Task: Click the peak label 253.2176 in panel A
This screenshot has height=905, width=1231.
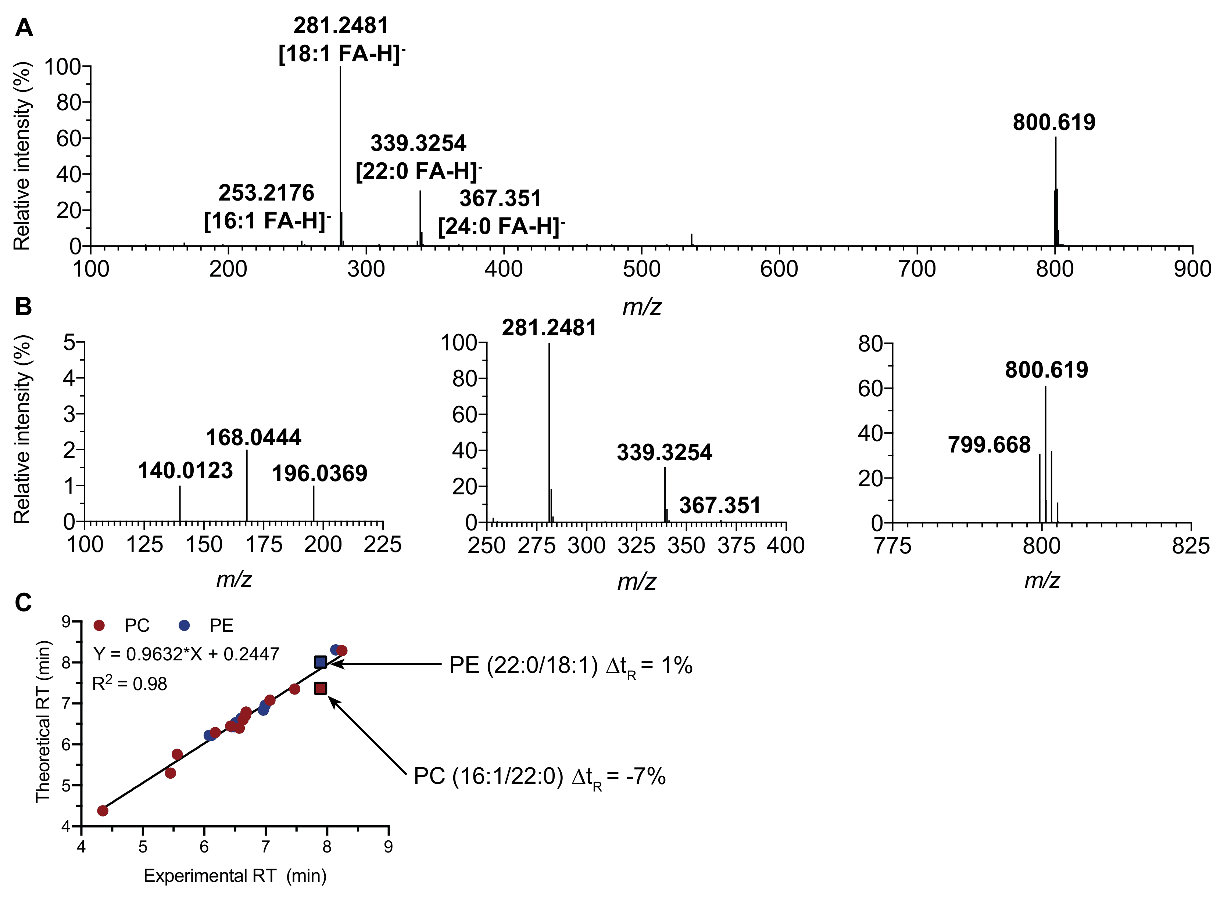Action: pyautogui.click(x=266, y=193)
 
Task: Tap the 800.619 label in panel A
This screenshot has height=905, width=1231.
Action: pyautogui.click(x=1053, y=122)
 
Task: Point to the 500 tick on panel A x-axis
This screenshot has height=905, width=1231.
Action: pyautogui.click(x=641, y=269)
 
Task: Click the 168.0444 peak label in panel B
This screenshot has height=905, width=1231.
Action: pyautogui.click(x=253, y=437)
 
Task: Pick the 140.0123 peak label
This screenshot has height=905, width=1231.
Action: pyautogui.click(x=185, y=470)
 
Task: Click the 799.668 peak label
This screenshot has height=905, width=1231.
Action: pyautogui.click(x=989, y=444)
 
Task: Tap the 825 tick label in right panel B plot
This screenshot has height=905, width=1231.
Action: pyautogui.click(x=1191, y=546)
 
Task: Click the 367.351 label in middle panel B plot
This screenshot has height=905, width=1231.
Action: pyautogui.click(x=720, y=505)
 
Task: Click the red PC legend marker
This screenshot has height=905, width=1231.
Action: pyautogui.click(x=99, y=625)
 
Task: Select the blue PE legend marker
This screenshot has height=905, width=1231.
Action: pyautogui.click(x=185, y=625)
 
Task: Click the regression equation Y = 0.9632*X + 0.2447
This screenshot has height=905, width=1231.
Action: pyautogui.click(x=186, y=653)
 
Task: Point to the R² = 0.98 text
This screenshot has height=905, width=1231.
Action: pyautogui.click(x=129, y=684)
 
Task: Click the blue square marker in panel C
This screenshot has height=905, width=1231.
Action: pyautogui.click(x=321, y=662)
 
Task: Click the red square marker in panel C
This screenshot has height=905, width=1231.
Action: pyautogui.click(x=321, y=688)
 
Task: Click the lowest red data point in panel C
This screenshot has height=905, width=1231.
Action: pyautogui.click(x=103, y=811)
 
